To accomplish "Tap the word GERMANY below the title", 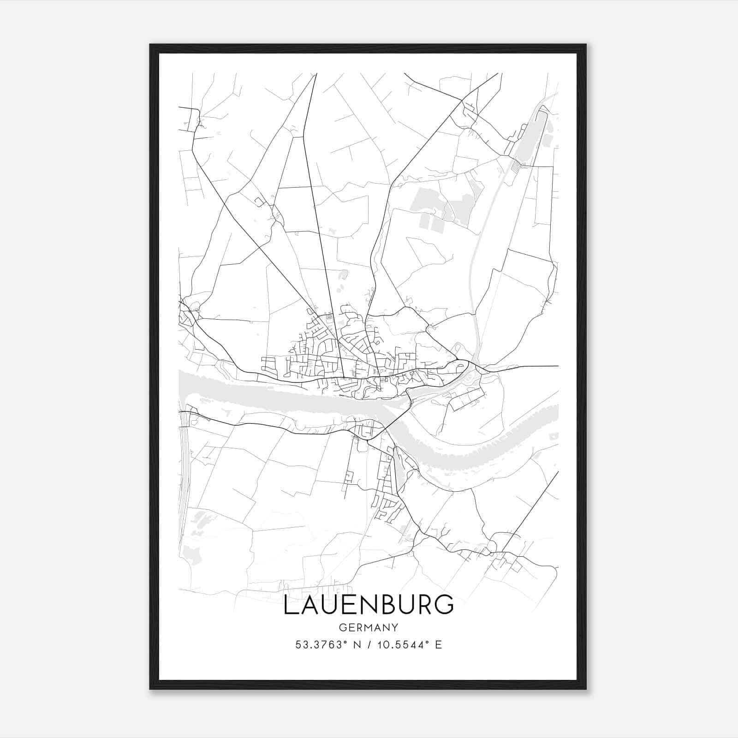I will [x=368, y=627].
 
